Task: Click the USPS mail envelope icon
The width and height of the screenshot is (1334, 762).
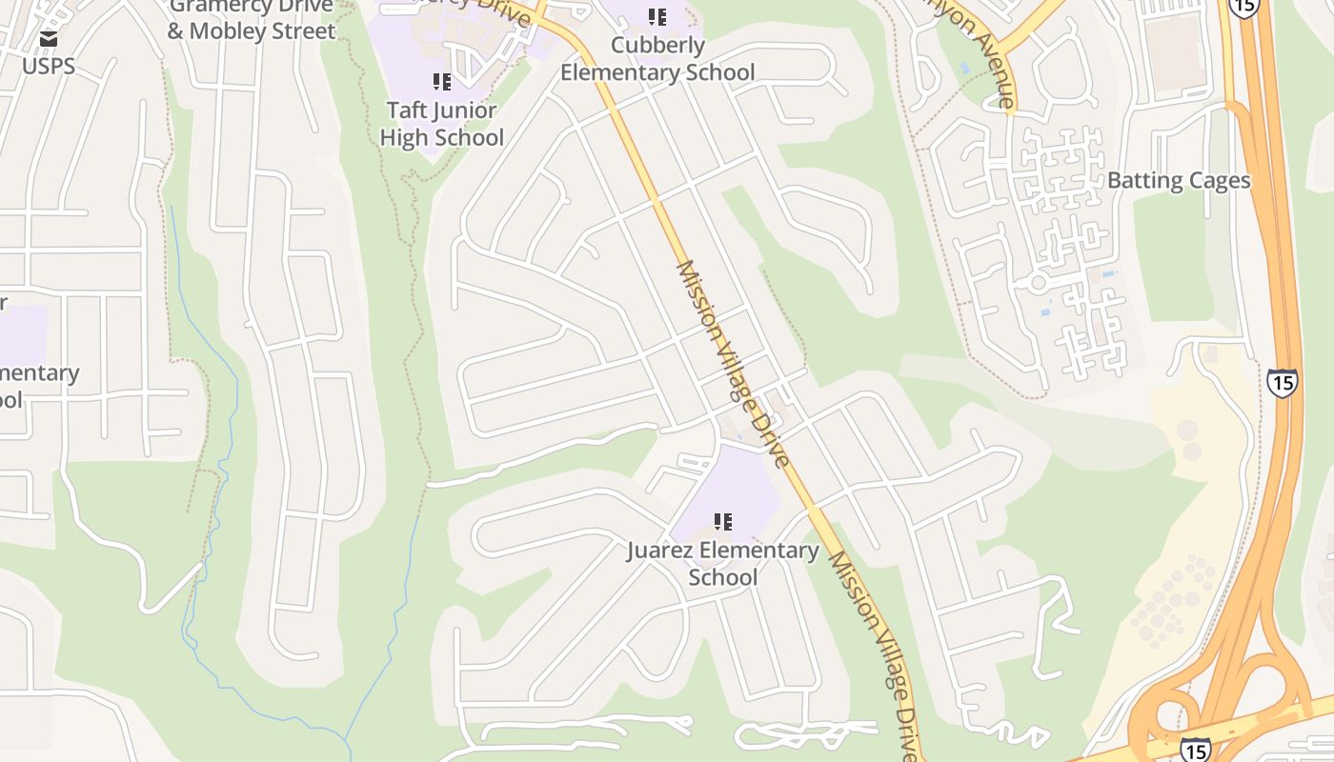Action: [x=49, y=39]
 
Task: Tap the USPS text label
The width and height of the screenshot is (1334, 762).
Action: [x=49, y=67]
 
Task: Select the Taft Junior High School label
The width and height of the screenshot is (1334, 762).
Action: [x=441, y=124]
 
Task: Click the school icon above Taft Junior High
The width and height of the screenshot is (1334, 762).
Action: [x=441, y=82]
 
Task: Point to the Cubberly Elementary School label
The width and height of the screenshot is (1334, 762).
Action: [x=657, y=59]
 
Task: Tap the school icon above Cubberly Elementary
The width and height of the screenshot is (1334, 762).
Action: [x=657, y=17]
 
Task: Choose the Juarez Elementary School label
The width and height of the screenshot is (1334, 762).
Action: [x=722, y=564]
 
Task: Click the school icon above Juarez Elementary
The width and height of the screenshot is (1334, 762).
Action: [x=723, y=521]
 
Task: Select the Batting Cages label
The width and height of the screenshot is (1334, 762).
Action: [x=1179, y=181]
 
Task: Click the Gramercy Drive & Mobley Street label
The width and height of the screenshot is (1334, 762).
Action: [x=252, y=19]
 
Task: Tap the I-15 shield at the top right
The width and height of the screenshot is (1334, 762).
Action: [x=1243, y=7]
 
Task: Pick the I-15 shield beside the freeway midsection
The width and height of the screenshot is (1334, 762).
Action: [x=1282, y=383]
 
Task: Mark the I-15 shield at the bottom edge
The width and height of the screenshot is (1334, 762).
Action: [x=1195, y=749]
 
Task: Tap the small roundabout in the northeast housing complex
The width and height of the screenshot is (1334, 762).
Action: [x=1039, y=283]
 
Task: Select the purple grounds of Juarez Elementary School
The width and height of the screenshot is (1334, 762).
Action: [x=734, y=486]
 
